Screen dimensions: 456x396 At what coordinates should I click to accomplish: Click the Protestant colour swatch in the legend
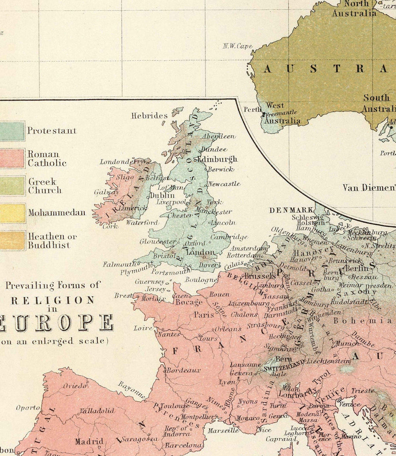[x=12, y=131]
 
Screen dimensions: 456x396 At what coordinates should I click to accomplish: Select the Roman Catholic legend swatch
[x=12, y=158]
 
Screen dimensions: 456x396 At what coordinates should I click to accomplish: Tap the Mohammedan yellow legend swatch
[x=12, y=213]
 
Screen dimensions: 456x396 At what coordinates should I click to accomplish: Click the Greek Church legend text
[x=45, y=186]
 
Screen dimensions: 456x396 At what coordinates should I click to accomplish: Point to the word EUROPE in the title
[x=57, y=323]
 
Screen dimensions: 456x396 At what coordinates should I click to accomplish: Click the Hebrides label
[x=149, y=116]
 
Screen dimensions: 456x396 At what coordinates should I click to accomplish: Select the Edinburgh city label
[x=217, y=159]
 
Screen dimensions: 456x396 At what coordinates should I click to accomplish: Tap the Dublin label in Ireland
[x=162, y=195]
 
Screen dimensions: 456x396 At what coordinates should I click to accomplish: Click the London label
[x=201, y=253]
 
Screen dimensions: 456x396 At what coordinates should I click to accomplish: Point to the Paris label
[x=204, y=315]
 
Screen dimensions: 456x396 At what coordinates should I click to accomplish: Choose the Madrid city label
[x=89, y=441]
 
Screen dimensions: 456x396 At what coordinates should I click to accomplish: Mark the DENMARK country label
[x=292, y=210]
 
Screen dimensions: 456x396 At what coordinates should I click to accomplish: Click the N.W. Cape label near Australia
[x=237, y=46]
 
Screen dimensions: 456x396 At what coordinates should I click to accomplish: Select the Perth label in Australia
[x=253, y=109]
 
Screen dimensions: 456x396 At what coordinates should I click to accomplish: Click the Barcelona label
[x=184, y=445]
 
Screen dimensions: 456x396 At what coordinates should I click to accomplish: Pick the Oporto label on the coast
[x=28, y=408]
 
